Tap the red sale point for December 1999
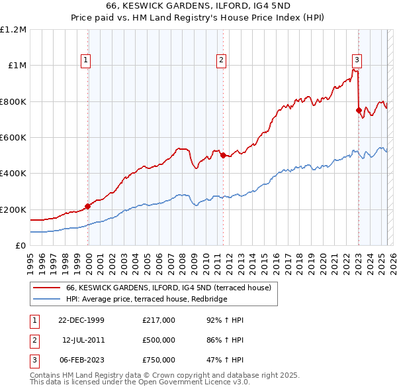pyautogui.click(x=88, y=206)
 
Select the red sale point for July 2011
pyautogui.click(x=223, y=156)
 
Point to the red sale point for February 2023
pyautogui.click(x=359, y=111)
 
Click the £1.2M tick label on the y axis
pyautogui.click(x=13, y=30)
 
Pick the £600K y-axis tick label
pyautogui.click(x=13, y=138)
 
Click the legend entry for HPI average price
pyautogui.click(x=146, y=300)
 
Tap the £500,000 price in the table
pyautogui.click(x=159, y=340)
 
